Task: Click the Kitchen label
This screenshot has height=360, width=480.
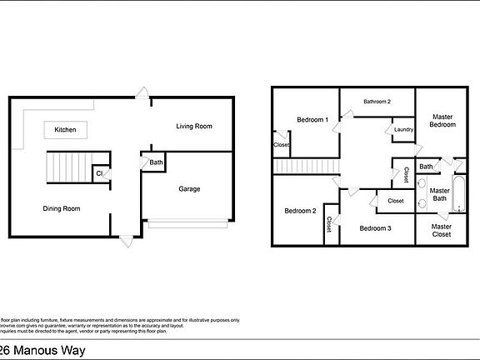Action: point(66,130)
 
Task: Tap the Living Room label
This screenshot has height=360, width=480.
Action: point(193,127)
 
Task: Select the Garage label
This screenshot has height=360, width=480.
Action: point(189,188)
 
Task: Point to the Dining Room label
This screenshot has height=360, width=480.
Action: point(62,208)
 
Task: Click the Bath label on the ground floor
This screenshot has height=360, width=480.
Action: point(157,162)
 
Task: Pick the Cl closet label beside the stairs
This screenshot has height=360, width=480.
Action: point(99,173)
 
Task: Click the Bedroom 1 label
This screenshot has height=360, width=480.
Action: point(312,120)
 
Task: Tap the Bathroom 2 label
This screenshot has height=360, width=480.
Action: point(377,102)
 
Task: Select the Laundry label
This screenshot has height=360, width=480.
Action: point(403,129)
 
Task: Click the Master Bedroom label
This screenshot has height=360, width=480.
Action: point(442,120)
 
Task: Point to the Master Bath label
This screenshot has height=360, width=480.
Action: point(439,194)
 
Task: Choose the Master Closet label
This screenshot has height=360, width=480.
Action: point(442,231)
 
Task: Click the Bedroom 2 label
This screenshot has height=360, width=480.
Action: point(300,211)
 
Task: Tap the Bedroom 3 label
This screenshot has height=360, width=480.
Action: point(376,227)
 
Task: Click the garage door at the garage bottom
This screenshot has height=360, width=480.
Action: point(187,222)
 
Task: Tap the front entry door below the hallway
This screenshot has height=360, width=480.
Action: point(126,241)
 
